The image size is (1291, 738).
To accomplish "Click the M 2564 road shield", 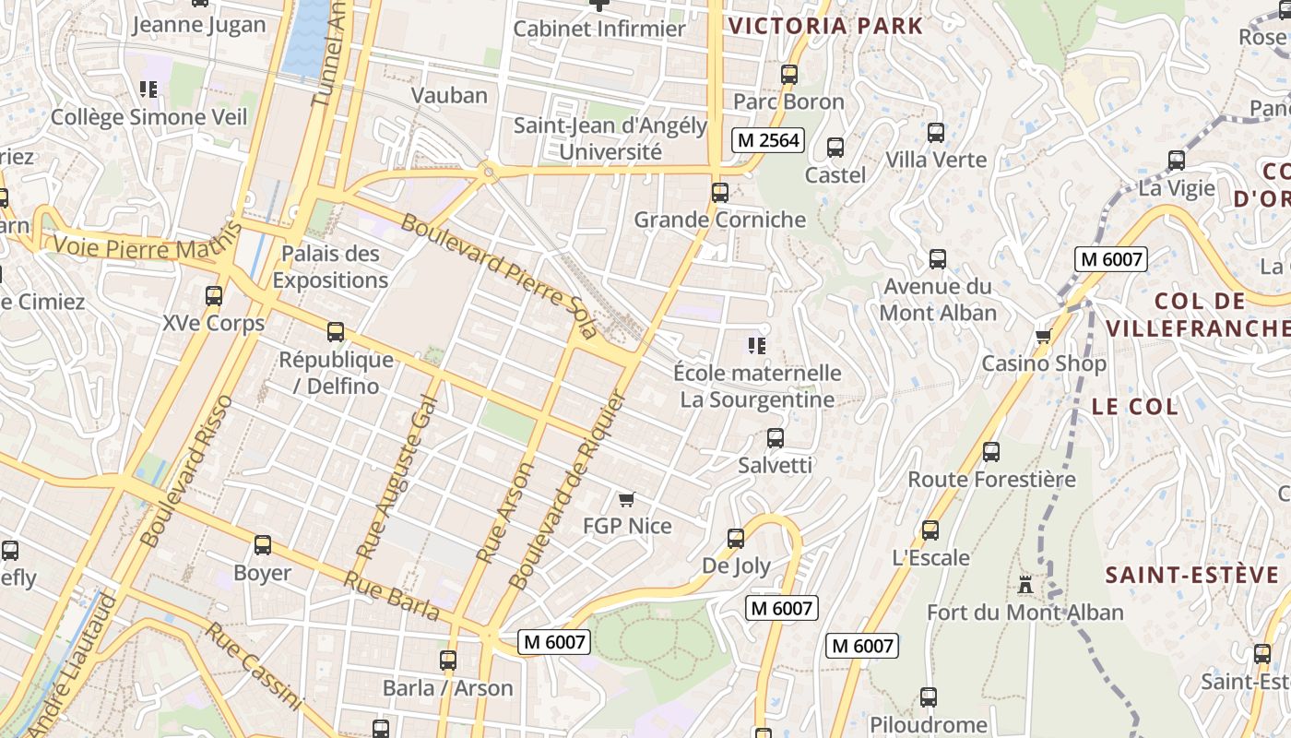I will [768, 140].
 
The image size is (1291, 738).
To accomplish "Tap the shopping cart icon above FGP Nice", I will [627, 500].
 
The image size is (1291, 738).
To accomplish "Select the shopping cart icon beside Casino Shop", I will [1043, 336].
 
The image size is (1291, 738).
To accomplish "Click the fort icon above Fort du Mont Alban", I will [1025, 584].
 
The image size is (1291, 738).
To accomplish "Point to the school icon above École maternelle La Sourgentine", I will [757, 346].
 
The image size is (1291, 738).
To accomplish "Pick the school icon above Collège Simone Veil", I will [148, 89].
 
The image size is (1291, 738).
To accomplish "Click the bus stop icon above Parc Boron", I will [789, 75].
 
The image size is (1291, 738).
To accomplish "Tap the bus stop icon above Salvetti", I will [776, 438].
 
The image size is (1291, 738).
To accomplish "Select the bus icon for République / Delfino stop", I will [336, 332].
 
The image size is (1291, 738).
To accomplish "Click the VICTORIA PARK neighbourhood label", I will [825, 26].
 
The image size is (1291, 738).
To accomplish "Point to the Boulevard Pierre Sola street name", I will [499, 276].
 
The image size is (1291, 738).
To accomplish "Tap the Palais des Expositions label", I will [330, 267].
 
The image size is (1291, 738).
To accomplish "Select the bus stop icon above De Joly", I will [736, 539].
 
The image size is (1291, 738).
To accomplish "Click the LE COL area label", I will [1134, 407].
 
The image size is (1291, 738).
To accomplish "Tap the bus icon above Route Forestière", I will [991, 452].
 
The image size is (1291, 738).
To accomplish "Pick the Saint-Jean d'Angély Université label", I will [610, 138].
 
